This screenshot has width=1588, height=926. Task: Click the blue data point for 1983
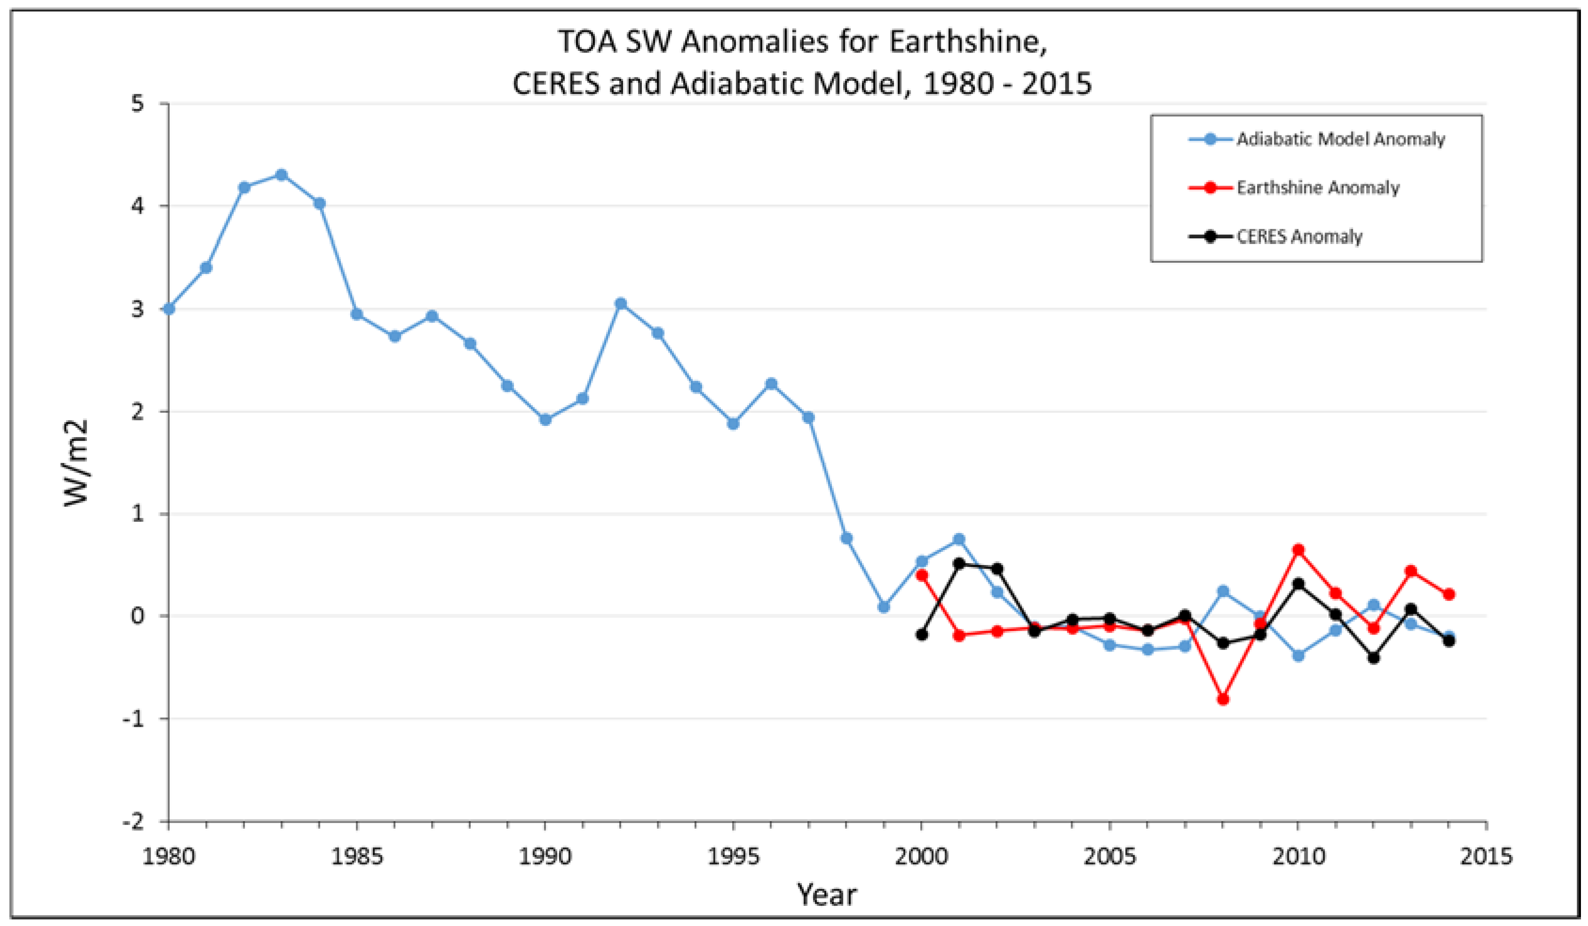pyautogui.click(x=282, y=174)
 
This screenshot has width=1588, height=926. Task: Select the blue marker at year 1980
pyautogui.click(x=169, y=309)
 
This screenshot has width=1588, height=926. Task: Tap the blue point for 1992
pyautogui.click(x=621, y=304)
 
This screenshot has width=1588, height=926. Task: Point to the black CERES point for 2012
pyautogui.click(x=1374, y=658)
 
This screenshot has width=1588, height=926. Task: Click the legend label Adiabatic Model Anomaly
pyautogui.click(x=1340, y=139)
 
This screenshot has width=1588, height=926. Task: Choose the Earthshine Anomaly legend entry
pyautogui.click(x=1318, y=188)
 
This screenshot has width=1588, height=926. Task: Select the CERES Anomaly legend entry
pyautogui.click(x=1299, y=237)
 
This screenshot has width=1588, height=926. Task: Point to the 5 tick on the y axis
pyautogui.click(x=138, y=104)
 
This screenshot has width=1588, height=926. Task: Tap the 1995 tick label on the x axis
pyautogui.click(x=733, y=857)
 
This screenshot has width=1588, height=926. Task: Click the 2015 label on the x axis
pyautogui.click(x=1486, y=857)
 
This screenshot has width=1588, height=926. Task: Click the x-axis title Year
pyautogui.click(x=827, y=895)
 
